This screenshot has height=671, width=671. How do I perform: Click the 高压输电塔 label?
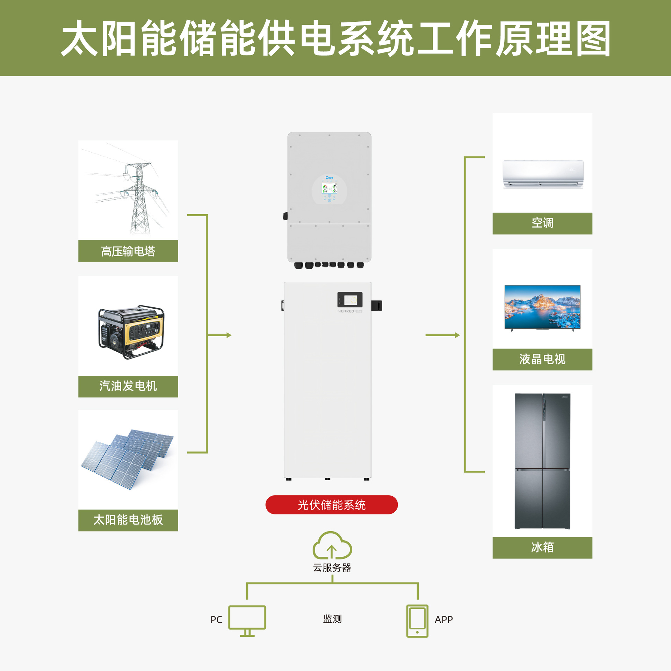click(128, 251)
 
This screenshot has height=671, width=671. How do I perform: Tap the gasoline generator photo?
click(131, 332)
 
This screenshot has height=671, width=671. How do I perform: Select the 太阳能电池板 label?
click(128, 520)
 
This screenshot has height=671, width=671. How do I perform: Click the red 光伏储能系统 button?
click(331, 505)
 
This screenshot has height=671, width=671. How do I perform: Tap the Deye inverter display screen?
click(329, 189)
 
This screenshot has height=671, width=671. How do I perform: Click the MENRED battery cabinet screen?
click(350, 300)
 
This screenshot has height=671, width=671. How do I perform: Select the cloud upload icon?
click(332, 546)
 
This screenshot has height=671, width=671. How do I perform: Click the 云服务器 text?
click(332, 568)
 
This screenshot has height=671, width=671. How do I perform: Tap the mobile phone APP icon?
click(417, 621)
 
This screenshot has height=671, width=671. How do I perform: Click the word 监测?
click(332, 619)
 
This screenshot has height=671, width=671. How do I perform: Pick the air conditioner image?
click(543, 174)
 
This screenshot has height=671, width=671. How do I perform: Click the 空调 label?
click(542, 223)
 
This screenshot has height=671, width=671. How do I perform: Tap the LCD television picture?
click(542, 307)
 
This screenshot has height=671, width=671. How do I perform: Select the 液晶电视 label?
click(542, 359)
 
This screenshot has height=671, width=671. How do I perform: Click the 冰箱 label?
click(542, 547)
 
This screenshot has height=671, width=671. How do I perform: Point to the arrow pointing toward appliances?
click(442, 335)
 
